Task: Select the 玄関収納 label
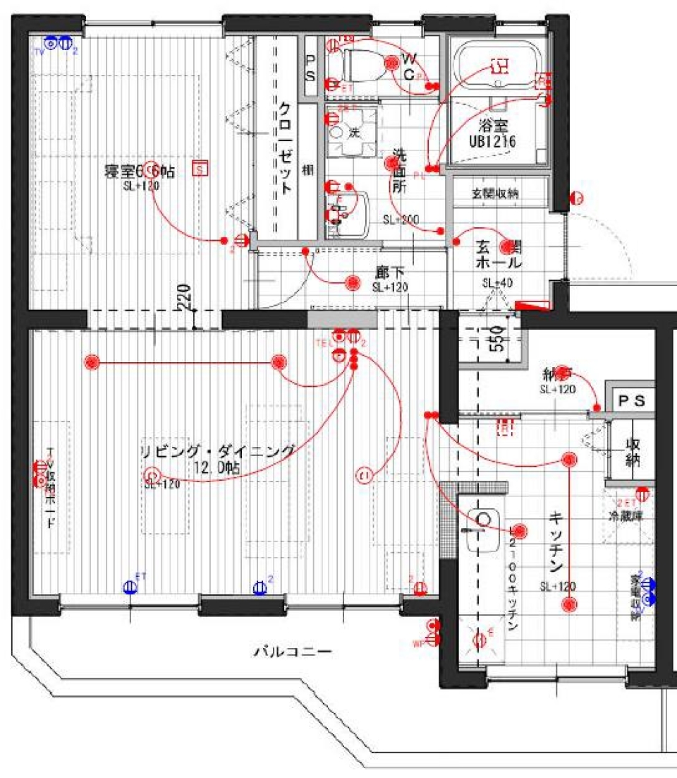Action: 499,193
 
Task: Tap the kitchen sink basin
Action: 483,529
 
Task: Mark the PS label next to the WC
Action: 310,67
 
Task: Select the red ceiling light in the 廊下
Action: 353,282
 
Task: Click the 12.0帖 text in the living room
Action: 219,467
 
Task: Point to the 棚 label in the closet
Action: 307,169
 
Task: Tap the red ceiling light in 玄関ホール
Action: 506,246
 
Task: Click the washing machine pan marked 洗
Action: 350,133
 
